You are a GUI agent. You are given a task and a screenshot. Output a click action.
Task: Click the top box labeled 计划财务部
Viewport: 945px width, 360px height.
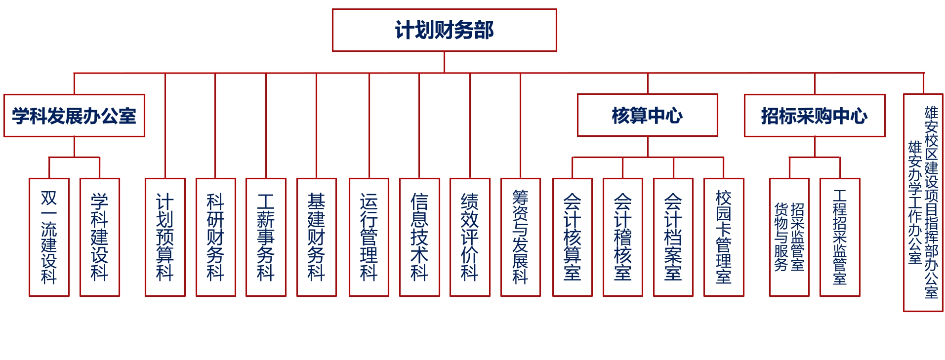pos(444,30)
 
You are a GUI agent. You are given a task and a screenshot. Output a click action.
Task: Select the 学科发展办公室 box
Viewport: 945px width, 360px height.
pos(74,116)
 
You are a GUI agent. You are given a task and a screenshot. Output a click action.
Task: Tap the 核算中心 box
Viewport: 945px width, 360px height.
pos(647,115)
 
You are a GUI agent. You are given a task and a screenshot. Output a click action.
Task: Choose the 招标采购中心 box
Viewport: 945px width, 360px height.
pos(814,116)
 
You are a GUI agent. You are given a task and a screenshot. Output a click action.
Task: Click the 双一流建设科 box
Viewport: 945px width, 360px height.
pos(49,237)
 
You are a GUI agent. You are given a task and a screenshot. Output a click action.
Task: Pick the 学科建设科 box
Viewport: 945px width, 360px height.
pos(99,237)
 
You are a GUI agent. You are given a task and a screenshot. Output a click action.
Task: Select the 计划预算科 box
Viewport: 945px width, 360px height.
pos(165,237)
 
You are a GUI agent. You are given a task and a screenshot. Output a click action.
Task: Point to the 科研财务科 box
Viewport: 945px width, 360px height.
pos(215,237)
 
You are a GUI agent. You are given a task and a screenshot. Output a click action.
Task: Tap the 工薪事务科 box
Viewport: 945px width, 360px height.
pos(266,237)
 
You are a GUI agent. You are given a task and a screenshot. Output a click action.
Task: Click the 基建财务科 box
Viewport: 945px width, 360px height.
pos(316,237)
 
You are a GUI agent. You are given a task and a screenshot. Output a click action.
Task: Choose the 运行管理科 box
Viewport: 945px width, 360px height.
pos(369,237)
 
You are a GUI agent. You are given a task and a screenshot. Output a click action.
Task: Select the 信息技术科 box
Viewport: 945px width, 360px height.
pos(419,237)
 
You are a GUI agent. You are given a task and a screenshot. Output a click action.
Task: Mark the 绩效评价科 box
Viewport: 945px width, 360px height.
pos(470,237)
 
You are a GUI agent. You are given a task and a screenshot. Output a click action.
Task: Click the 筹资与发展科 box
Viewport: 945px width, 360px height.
pos(520,237)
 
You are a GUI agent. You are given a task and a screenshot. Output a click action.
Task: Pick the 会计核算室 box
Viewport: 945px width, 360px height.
pos(572,237)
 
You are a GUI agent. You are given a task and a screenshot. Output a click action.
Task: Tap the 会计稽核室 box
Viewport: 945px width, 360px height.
pos(622,237)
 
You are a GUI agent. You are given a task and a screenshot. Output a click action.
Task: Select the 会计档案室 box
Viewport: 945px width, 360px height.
pos(673,237)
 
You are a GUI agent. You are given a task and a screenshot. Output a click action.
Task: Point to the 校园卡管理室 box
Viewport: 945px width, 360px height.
pos(723,237)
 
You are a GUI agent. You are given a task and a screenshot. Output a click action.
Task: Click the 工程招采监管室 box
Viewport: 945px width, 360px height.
pos(839,237)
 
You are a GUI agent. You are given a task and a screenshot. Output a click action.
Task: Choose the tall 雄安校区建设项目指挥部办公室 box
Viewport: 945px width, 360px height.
pos(923,202)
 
